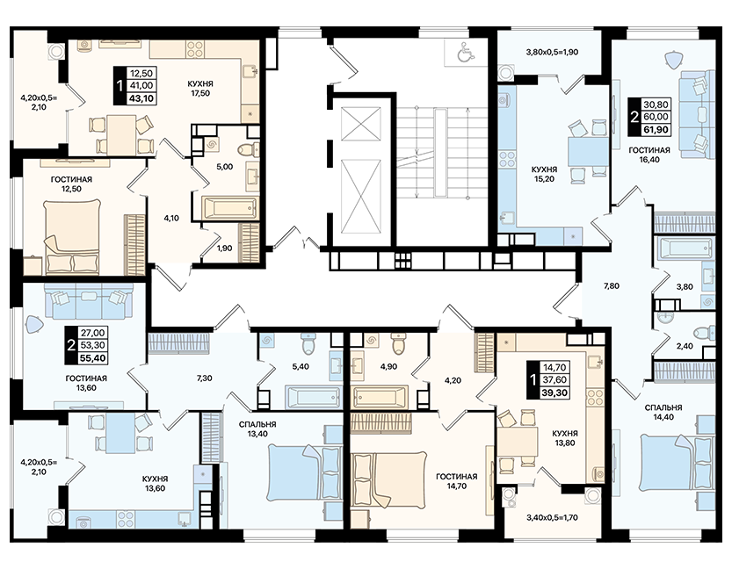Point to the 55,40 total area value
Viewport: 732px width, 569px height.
[93, 357]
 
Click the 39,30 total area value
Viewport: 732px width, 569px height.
[554, 393]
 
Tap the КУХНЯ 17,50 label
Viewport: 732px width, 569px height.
[200, 88]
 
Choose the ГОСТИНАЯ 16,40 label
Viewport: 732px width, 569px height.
[649, 155]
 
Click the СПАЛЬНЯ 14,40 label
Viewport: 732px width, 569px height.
[663, 413]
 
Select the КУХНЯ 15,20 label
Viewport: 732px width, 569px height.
[545, 174]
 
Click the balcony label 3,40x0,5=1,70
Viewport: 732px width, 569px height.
[552, 517]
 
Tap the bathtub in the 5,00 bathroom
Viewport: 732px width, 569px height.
[229, 207]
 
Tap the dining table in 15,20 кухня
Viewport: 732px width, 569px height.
[588, 151]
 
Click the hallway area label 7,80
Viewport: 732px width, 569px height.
[611, 286]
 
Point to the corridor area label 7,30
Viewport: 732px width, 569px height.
[205, 378]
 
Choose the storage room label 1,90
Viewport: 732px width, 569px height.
[225, 248]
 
